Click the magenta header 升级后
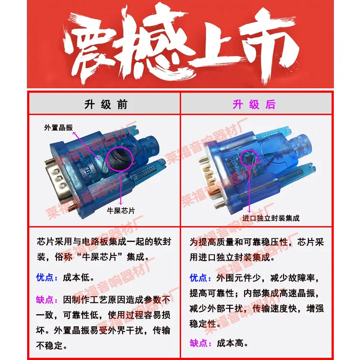[254, 105]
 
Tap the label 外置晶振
[58, 128]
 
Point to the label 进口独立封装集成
[271, 217]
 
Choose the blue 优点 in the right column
[199, 278]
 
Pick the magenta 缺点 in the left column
[45, 300]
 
